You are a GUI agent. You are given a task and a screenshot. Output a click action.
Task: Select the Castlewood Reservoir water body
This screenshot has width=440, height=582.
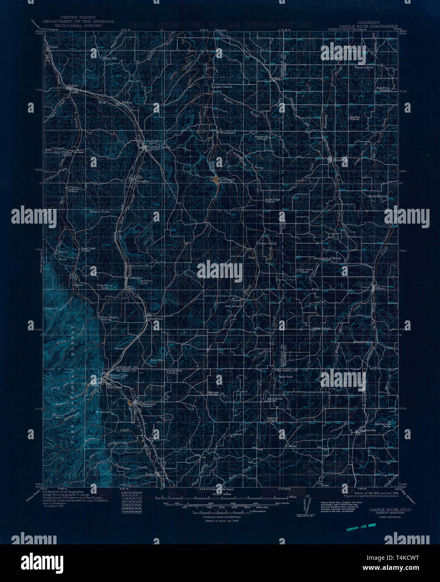[x=214, y=180]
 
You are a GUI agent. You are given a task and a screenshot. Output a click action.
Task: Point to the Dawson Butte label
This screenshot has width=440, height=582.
[x=98, y=212]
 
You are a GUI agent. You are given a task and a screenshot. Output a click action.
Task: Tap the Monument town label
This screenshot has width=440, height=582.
[x=147, y=404]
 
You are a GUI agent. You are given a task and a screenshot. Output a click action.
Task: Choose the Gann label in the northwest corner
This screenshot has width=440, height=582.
[x=53, y=47]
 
